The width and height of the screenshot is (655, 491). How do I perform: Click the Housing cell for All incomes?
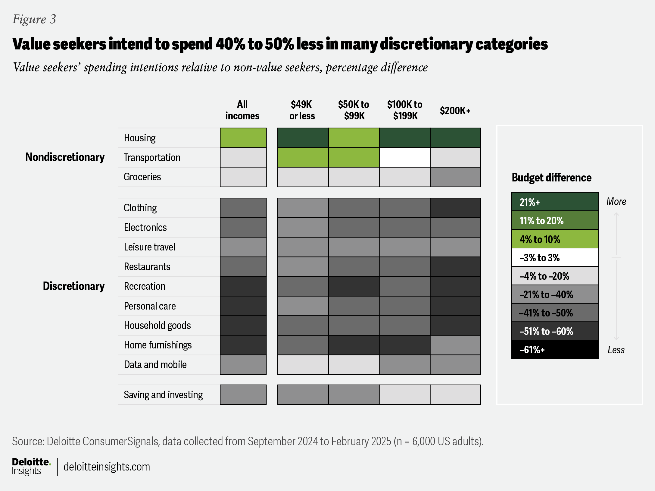(243, 138)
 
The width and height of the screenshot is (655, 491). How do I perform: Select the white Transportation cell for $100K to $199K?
(404, 157)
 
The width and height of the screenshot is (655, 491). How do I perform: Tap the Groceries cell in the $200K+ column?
(455, 177)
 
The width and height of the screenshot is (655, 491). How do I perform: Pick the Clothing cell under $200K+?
(455, 208)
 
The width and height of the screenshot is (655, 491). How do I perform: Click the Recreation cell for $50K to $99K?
(354, 286)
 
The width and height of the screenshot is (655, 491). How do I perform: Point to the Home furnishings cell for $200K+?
(455, 345)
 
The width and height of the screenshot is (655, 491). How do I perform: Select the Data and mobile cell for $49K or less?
(303, 364)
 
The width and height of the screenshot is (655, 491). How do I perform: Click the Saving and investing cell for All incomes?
(243, 395)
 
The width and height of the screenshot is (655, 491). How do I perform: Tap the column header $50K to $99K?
(354, 110)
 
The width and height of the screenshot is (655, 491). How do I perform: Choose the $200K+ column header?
(455, 111)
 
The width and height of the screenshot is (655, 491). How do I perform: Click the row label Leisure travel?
(149, 247)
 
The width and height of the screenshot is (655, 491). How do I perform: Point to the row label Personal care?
(150, 306)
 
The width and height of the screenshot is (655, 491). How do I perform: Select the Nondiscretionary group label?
(65, 157)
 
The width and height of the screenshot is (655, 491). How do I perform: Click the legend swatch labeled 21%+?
(555, 202)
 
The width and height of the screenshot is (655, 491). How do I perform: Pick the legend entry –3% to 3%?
(555, 257)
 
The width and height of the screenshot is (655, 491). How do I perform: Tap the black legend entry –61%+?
(555, 350)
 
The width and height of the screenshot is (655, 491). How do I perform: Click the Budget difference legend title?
(551, 178)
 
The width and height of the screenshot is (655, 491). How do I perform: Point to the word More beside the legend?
(616, 201)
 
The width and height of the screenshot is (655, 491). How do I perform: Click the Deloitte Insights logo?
(31, 466)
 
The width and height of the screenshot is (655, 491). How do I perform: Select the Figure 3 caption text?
(34, 19)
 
